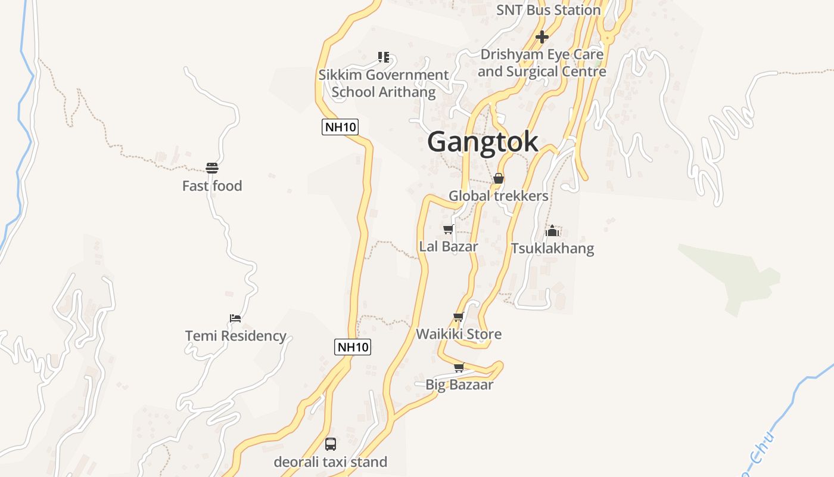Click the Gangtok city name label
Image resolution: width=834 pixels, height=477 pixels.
tap(483, 142)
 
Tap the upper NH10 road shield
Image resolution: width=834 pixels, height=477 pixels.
tap(340, 126)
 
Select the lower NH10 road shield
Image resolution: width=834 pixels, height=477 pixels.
tap(353, 346)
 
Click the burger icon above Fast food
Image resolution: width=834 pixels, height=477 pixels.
tap(212, 168)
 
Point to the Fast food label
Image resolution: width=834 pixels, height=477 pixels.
tap(212, 186)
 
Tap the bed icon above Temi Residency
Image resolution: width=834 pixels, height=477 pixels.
tap(235, 318)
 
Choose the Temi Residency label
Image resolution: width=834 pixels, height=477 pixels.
tap(236, 336)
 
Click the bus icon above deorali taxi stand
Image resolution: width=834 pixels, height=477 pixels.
tap(331, 444)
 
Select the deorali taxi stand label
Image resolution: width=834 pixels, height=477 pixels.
tap(331, 461)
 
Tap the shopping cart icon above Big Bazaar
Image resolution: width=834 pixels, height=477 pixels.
tap(459, 367)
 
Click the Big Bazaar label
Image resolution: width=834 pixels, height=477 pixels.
tap(459, 385)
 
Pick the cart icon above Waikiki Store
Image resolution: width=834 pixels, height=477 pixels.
tap(458, 317)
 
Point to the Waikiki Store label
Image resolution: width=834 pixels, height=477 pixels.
tap(459, 334)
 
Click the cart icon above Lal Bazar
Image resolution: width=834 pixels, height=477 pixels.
tap(449, 229)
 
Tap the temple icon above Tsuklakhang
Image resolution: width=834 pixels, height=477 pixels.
tap(552, 231)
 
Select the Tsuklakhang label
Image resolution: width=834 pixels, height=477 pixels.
tap(552, 248)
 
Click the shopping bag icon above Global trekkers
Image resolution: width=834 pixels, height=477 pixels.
tap(499, 178)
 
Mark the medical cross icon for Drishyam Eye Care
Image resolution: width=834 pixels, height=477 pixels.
tap(542, 37)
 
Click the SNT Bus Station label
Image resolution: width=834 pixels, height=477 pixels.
tap(549, 10)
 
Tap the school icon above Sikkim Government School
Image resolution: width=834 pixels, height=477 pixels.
tap(384, 57)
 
